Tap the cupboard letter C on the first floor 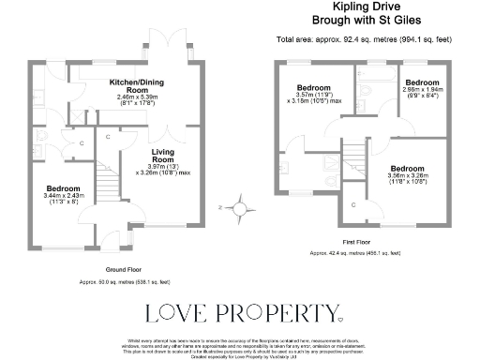(352, 204)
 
